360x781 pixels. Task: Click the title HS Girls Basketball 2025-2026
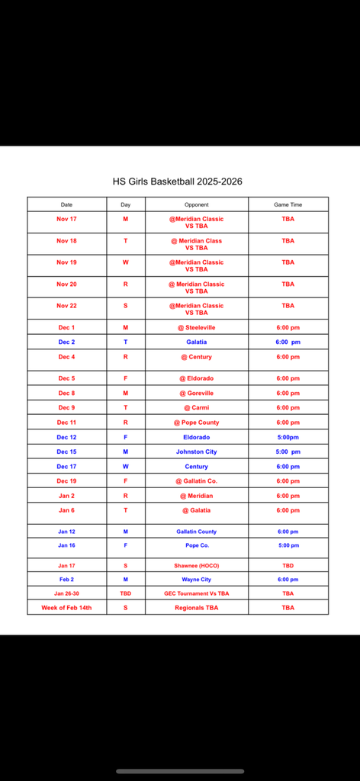[178, 182]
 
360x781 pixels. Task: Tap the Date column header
[67, 204]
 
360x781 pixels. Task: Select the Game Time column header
[288, 204]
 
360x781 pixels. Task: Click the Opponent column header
[196, 204]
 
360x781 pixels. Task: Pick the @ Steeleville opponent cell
[196, 327]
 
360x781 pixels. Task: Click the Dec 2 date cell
[67, 342]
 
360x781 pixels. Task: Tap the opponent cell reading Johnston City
[196, 452]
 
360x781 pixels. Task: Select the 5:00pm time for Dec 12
[288, 437]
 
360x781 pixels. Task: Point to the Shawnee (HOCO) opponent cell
[196, 565]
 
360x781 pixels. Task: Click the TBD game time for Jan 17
[288, 565]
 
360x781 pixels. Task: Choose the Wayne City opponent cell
[196, 580]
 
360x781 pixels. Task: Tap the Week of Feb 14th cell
[67, 608]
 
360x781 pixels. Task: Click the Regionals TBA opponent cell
[196, 608]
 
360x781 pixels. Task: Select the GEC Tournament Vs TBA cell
[196, 593]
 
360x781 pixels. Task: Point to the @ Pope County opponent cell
[196, 423]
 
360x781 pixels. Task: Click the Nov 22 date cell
[67, 306]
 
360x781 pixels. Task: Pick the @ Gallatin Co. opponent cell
[196, 480]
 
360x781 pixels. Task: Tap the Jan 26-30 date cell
[67, 593]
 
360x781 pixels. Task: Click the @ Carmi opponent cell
[196, 408]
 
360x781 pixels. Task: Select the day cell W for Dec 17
[126, 466]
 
